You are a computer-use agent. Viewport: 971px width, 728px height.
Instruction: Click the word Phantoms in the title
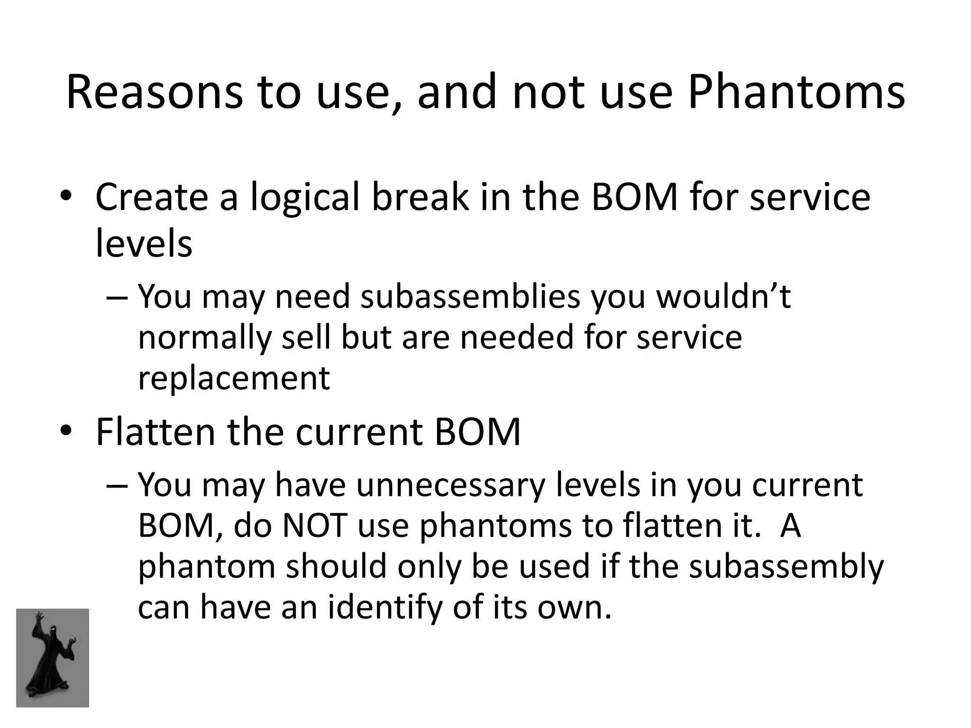(796, 92)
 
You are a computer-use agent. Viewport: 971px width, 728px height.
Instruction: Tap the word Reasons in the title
(155, 92)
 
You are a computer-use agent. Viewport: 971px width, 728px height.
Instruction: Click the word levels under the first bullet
(144, 244)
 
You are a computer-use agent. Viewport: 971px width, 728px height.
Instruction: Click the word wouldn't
(723, 297)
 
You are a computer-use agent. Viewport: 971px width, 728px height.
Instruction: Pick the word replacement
(233, 378)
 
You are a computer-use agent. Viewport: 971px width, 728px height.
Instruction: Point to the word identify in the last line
(385, 607)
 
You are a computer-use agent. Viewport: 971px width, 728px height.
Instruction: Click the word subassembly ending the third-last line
(786, 566)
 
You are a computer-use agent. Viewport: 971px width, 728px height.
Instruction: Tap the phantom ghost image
(53, 658)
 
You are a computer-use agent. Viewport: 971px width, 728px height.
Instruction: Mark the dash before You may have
(117, 486)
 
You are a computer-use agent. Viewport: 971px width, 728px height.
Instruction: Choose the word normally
(205, 337)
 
